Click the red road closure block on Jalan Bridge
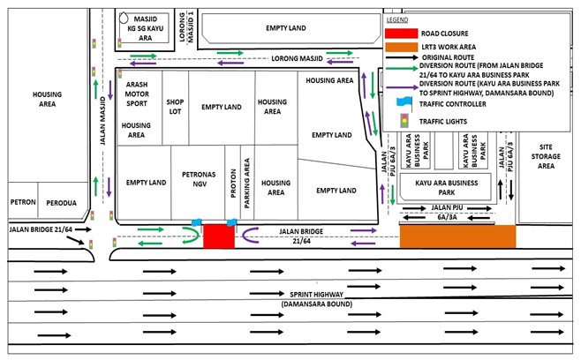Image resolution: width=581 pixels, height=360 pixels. click(219, 236)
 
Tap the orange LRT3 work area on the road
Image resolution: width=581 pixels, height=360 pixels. click(457, 236)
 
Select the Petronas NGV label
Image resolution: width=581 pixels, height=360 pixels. click(199, 179)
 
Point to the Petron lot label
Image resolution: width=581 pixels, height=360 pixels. click(23, 202)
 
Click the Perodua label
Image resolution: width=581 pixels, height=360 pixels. click(62, 203)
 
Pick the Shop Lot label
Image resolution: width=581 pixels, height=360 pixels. click(175, 107)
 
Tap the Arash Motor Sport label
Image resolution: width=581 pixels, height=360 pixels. click(137, 94)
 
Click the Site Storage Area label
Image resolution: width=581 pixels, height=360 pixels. click(546, 156)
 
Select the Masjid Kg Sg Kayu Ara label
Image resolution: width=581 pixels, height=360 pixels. click(145, 28)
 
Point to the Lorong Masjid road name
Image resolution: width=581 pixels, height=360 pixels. click(297, 58)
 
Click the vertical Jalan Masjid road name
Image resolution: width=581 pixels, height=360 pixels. click(102, 121)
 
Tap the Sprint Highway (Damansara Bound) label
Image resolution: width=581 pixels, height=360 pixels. click(316, 299)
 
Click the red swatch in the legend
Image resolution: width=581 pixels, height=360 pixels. click(401, 34)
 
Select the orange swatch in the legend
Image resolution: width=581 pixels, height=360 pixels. click(401, 47)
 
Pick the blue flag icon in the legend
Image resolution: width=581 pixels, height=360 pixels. click(404, 103)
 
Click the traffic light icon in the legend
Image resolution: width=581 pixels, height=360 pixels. click(404, 121)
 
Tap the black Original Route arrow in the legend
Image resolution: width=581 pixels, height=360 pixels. click(401, 57)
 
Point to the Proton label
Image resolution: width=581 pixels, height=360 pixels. click(233, 183)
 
